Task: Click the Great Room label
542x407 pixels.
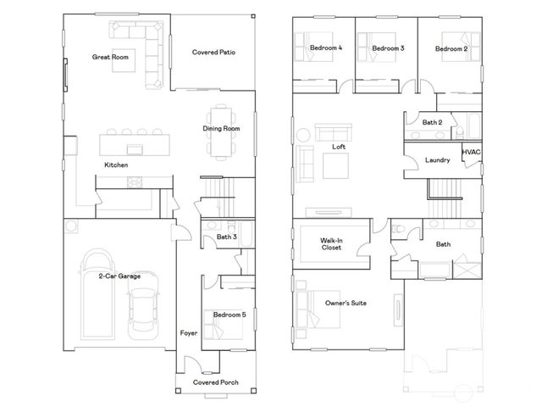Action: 110,58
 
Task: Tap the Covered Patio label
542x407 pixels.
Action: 213,53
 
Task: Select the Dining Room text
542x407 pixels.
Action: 221,129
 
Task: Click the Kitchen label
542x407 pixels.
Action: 116,164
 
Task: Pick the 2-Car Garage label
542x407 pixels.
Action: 119,276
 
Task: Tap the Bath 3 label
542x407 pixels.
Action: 226,237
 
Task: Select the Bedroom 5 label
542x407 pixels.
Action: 230,315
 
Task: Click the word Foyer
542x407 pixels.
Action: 189,333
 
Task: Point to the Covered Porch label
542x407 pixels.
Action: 215,382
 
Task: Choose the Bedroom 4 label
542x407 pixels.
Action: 326,48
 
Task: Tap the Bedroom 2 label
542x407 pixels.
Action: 451,49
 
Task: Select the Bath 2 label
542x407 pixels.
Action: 433,123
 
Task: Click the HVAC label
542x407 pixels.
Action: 472,152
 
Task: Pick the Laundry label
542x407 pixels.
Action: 437,159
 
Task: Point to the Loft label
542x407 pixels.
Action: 339,147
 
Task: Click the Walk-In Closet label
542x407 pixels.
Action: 331,245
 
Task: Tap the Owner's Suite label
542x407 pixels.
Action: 346,303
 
